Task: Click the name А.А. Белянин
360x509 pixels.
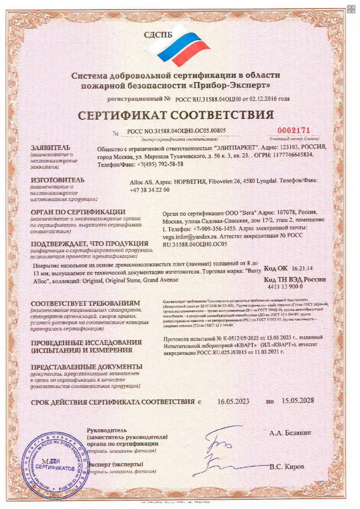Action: coord(290,433)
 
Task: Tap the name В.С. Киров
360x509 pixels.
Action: coord(287,467)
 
